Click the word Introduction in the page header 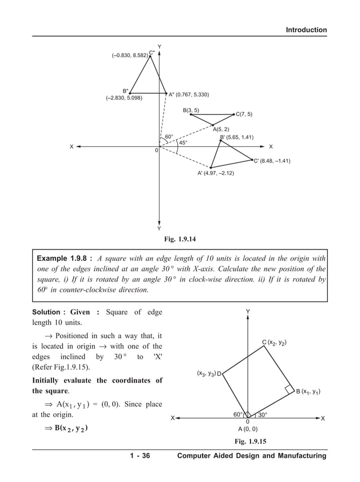point(306,30)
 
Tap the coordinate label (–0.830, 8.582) point(130,55)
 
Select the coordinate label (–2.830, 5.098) point(124,98)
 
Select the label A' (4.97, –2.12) point(216,173)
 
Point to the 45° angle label point(183,143)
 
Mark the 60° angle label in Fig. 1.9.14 point(169,137)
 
